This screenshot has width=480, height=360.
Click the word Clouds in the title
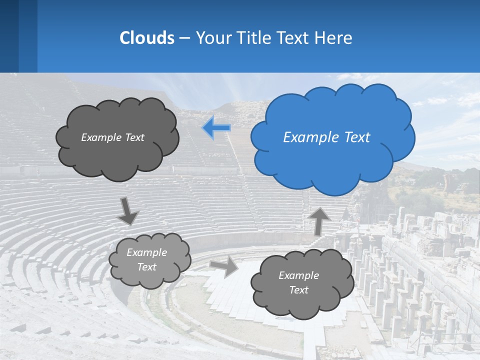[146, 38]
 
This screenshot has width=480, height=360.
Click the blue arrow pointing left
[216, 128]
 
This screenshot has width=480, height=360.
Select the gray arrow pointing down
[128, 211]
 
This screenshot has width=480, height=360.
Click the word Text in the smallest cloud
[146, 267]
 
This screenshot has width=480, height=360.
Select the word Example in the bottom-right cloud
[298, 275]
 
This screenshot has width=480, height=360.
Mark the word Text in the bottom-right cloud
[298, 290]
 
